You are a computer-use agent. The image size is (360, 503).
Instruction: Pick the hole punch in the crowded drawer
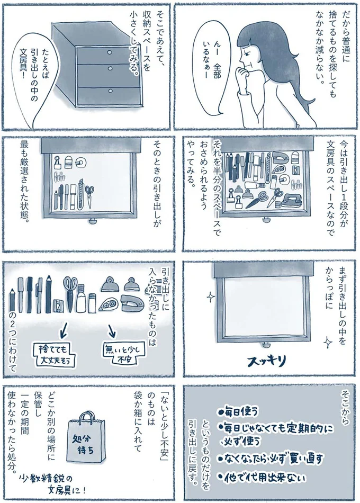(x=290, y=200)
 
